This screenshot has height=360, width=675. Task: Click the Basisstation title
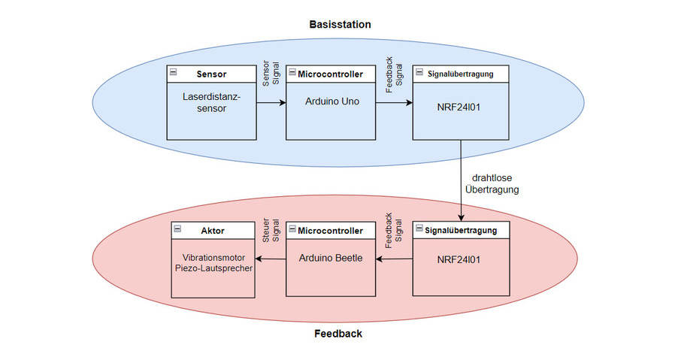(x=340, y=24)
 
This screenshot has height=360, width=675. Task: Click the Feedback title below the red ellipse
(x=337, y=333)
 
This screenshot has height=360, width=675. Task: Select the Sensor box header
(x=210, y=74)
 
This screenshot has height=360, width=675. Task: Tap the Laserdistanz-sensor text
(x=210, y=103)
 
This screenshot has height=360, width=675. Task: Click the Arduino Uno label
(x=331, y=101)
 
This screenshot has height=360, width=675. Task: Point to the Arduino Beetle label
(x=331, y=258)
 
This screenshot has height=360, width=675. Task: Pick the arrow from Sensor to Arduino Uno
(x=271, y=103)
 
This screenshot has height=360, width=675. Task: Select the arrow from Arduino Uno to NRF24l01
(x=394, y=103)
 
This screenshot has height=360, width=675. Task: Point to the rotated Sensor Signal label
(x=271, y=73)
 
